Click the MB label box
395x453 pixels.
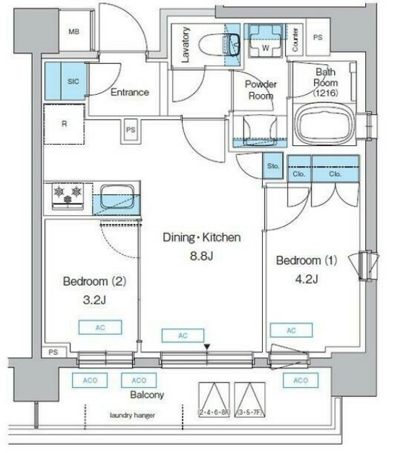74,33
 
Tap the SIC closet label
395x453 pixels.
73,81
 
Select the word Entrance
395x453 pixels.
129,92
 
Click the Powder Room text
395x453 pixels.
260,90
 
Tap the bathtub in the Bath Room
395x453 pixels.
324,126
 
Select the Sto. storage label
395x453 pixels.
273,166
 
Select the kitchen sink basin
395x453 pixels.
116,198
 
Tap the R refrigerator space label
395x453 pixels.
64,125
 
